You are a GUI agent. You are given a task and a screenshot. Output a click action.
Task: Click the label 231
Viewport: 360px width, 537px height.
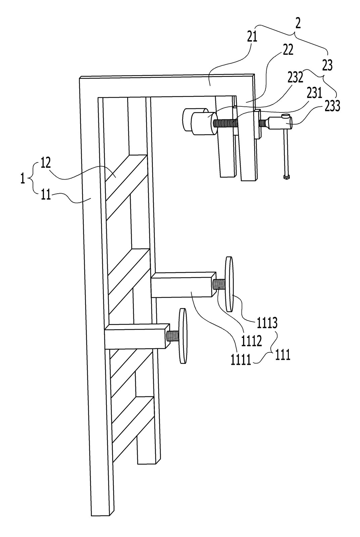314,93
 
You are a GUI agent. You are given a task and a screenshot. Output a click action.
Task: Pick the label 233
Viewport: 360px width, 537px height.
332,106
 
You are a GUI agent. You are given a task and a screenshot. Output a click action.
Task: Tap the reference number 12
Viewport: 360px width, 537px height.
46,163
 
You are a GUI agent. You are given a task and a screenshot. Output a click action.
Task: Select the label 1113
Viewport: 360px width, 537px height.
267,324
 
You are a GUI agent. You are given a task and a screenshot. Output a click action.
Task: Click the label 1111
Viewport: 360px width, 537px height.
241,360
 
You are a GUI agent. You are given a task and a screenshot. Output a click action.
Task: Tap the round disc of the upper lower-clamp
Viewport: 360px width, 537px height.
229,284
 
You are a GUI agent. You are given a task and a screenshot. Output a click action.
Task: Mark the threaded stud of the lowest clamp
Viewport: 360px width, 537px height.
173,336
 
